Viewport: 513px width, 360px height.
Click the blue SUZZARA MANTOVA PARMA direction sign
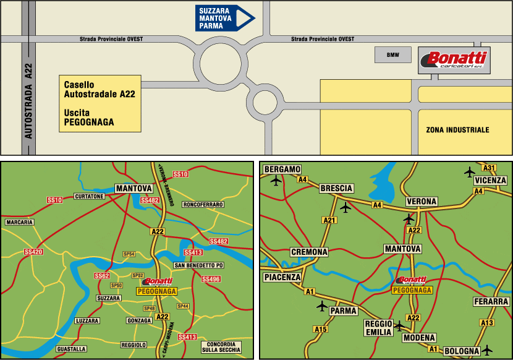[224, 18]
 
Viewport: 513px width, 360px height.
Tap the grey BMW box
[393, 55]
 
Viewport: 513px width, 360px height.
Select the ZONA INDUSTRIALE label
[457, 130]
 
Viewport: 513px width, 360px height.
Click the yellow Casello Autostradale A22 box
[100, 103]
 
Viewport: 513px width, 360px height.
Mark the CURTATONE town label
[89, 196]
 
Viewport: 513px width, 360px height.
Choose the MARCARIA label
[19, 221]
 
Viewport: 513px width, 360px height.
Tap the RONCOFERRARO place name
[203, 204]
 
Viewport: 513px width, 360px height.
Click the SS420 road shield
[33, 252]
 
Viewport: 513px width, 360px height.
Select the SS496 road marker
[211, 279]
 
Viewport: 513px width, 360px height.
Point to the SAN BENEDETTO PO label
[198, 265]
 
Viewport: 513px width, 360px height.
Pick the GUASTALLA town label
[71, 349]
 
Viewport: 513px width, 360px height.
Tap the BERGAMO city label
[282, 169]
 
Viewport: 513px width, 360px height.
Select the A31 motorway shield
[490, 168]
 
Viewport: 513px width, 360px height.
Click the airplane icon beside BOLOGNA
[488, 350]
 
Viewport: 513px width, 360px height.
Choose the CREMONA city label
[309, 252]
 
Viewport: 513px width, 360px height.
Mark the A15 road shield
[320, 329]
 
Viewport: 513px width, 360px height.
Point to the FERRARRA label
[491, 301]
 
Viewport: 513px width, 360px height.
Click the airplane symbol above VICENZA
[470, 171]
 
